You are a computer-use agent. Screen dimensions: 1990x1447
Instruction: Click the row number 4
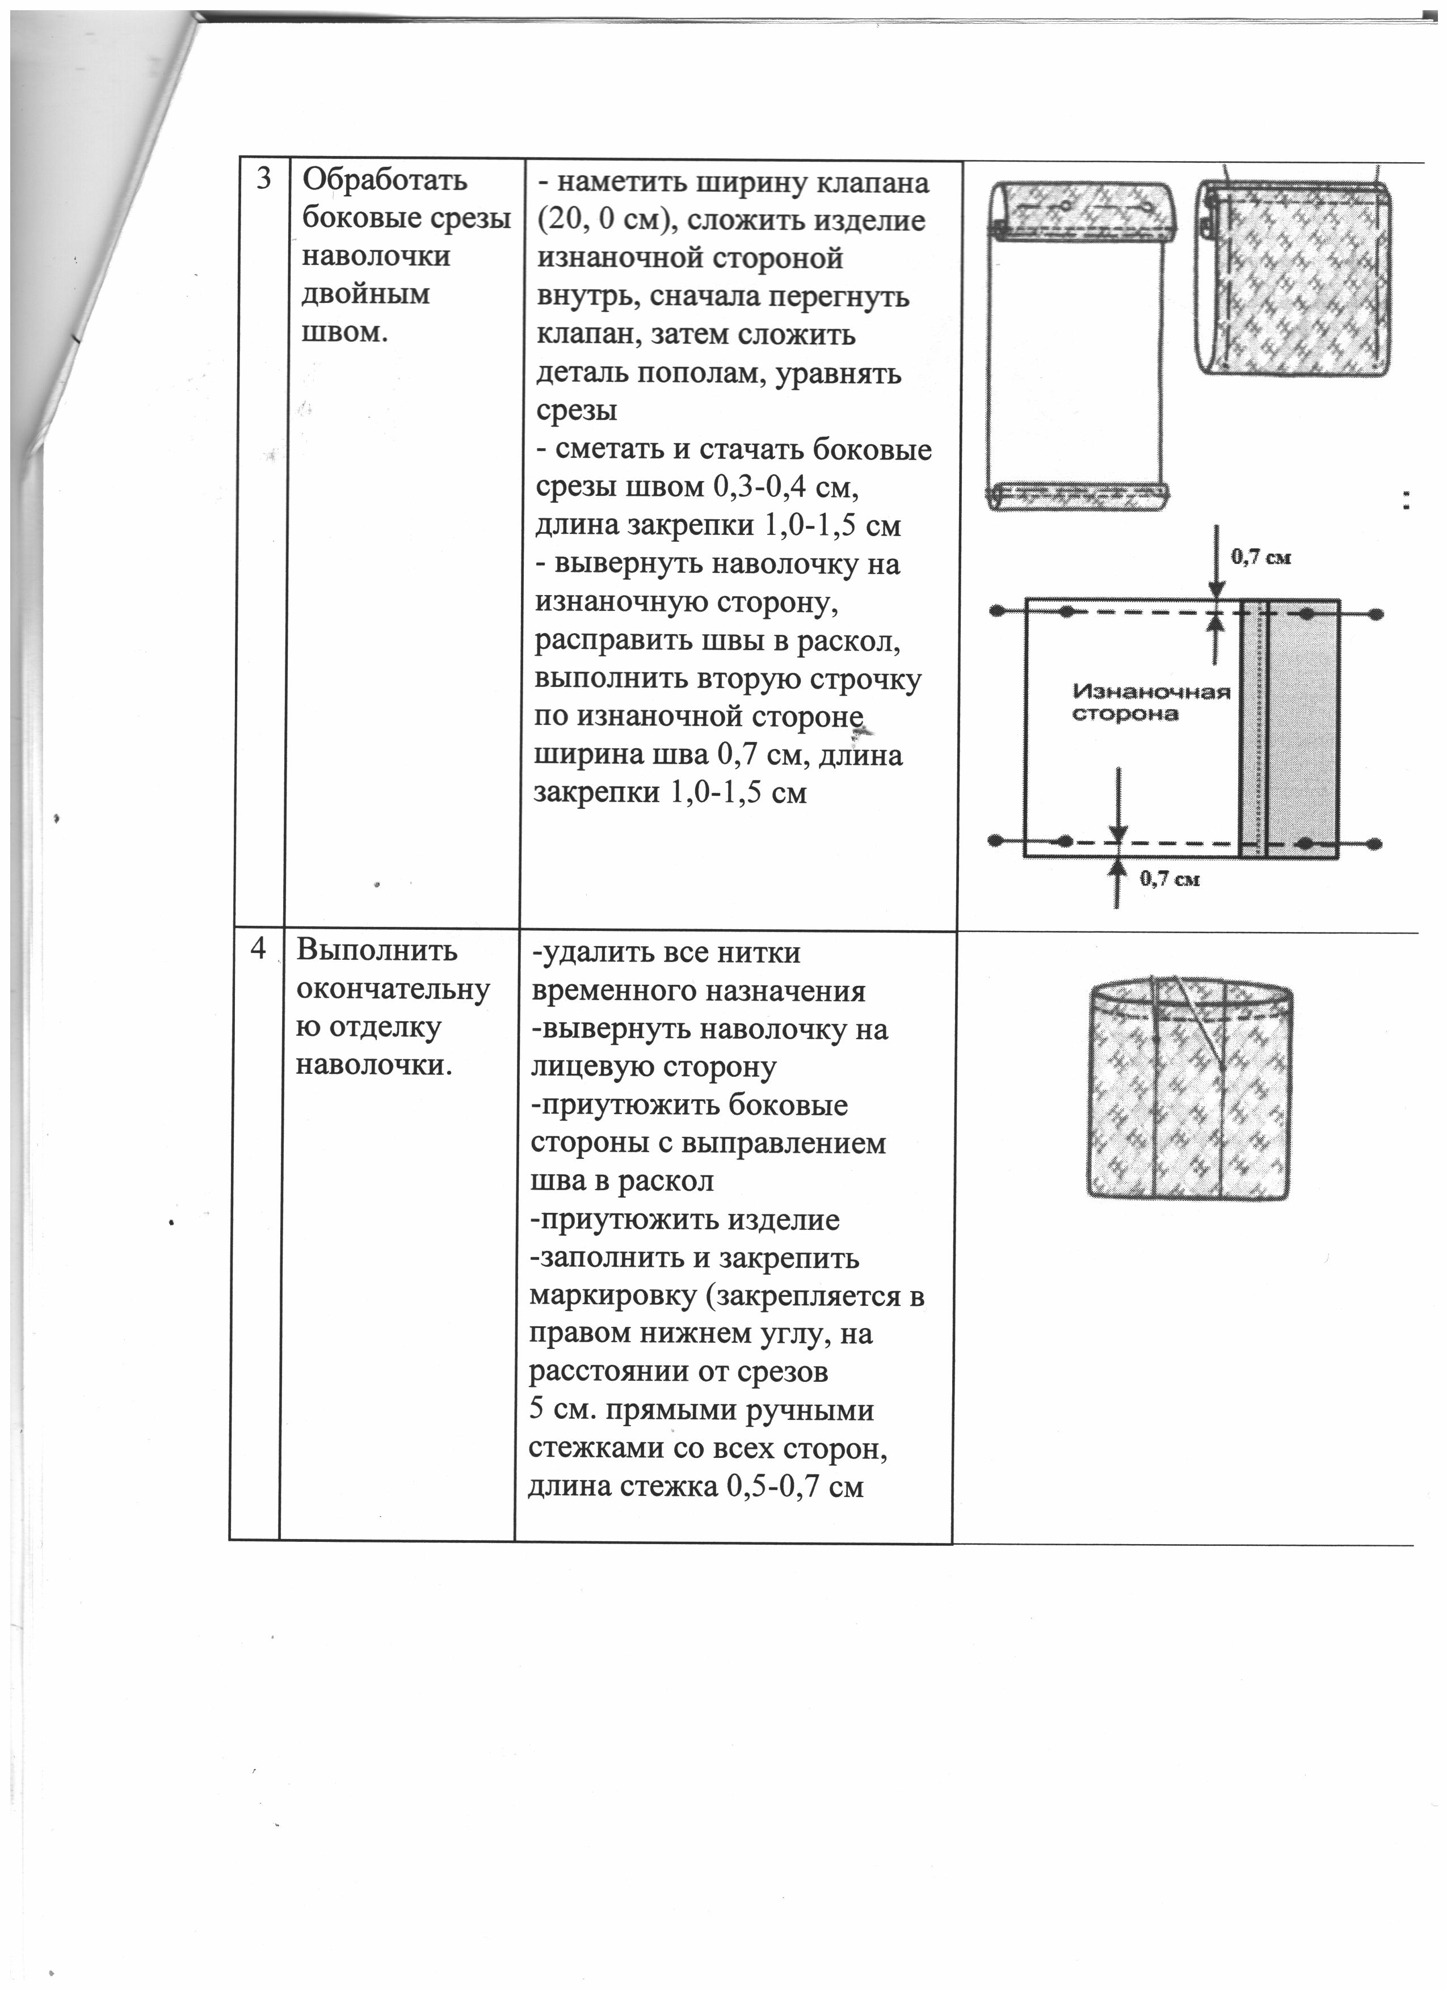(258, 950)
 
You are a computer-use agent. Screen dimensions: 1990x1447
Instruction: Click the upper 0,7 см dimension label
(1261, 556)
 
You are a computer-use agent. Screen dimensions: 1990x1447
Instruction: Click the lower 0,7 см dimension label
(1170, 878)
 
